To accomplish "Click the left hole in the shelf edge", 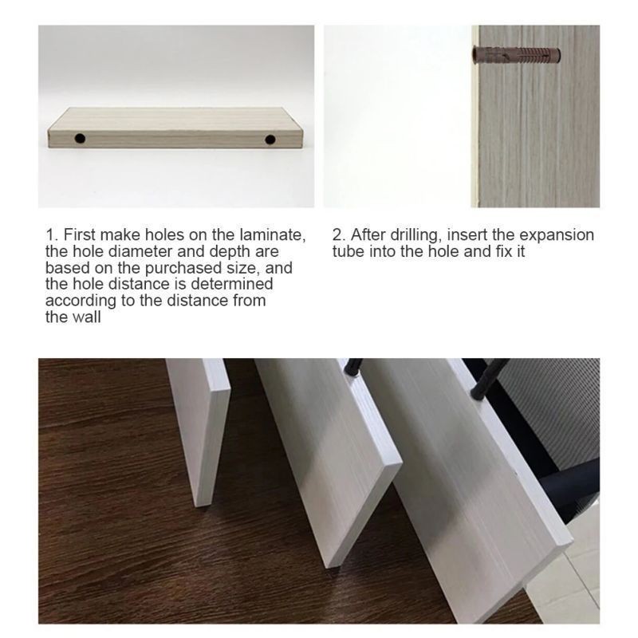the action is tap(80, 138).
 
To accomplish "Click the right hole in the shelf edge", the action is tap(270, 140).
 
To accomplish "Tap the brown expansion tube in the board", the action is tap(516, 54).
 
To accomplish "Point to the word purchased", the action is tap(183, 268).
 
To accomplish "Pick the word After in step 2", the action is tap(368, 235).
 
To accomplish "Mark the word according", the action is tap(81, 301).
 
